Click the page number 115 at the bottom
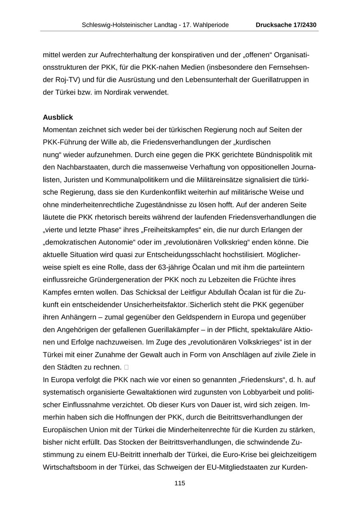coord(180,483)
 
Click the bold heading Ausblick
coord(58,117)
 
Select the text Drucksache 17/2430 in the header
coord(286,25)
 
